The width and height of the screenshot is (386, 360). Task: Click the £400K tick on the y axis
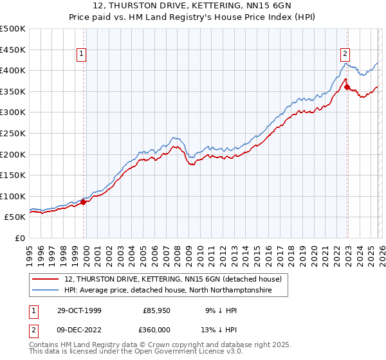[x=13, y=70]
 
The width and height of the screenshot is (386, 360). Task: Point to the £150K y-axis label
[x=13, y=175]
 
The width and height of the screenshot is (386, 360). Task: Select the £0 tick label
[x=20, y=238]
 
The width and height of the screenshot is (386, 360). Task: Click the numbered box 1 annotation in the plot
[x=83, y=55]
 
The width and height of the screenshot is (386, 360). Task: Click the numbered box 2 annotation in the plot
[x=345, y=55]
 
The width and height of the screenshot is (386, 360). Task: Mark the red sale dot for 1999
[x=84, y=202]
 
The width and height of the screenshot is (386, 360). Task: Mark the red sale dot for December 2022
[x=347, y=87]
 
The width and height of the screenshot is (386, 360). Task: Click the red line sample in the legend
[x=46, y=280]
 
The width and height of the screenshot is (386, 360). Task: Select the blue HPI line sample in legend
[x=46, y=291]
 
